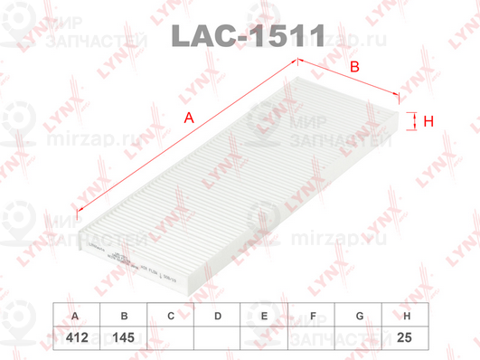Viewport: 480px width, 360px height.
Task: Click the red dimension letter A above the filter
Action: click(188, 118)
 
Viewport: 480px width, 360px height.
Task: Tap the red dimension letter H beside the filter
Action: click(429, 120)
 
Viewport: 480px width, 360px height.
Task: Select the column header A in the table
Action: click(76, 316)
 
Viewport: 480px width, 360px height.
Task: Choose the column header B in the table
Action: click(124, 316)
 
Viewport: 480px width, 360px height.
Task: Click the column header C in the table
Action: click(171, 316)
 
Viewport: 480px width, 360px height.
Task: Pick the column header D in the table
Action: click(218, 316)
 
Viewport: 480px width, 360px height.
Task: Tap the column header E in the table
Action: click(265, 316)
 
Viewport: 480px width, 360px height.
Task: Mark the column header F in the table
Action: click(312, 316)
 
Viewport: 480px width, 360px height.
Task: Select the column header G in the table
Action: click(359, 316)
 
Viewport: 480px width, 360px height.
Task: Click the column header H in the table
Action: click(406, 316)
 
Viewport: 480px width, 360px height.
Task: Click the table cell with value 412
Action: click(76, 337)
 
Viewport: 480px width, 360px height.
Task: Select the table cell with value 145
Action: click(124, 337)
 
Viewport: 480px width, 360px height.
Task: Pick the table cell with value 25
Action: click(406, 337)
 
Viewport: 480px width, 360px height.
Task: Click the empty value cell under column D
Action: click(218, 337)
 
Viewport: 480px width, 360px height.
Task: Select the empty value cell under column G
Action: click(359, 337)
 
